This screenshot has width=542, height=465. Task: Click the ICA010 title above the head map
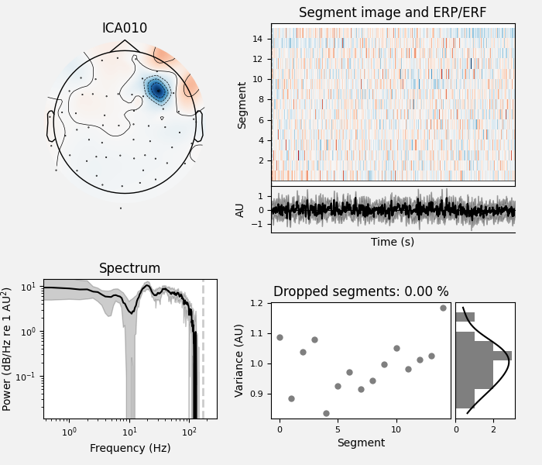125,29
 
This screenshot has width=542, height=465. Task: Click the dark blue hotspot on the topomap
157,90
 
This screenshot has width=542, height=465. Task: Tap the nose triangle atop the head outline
125,45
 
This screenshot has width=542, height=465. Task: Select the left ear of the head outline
51,126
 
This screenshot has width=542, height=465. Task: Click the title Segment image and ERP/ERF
393,13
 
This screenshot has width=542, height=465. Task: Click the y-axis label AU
241,209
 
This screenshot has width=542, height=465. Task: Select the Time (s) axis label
393,242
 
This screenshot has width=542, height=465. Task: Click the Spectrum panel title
129,269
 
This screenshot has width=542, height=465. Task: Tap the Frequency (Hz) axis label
129,448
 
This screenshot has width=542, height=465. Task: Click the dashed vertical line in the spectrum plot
204,349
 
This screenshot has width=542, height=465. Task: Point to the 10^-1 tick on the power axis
33,377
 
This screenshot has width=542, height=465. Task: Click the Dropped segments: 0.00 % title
361,292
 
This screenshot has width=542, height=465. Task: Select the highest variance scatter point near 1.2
443,308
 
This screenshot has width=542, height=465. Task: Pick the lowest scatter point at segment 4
326,413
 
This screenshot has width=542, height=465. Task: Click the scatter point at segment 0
280,337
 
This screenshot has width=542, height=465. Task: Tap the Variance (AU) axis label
240,360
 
